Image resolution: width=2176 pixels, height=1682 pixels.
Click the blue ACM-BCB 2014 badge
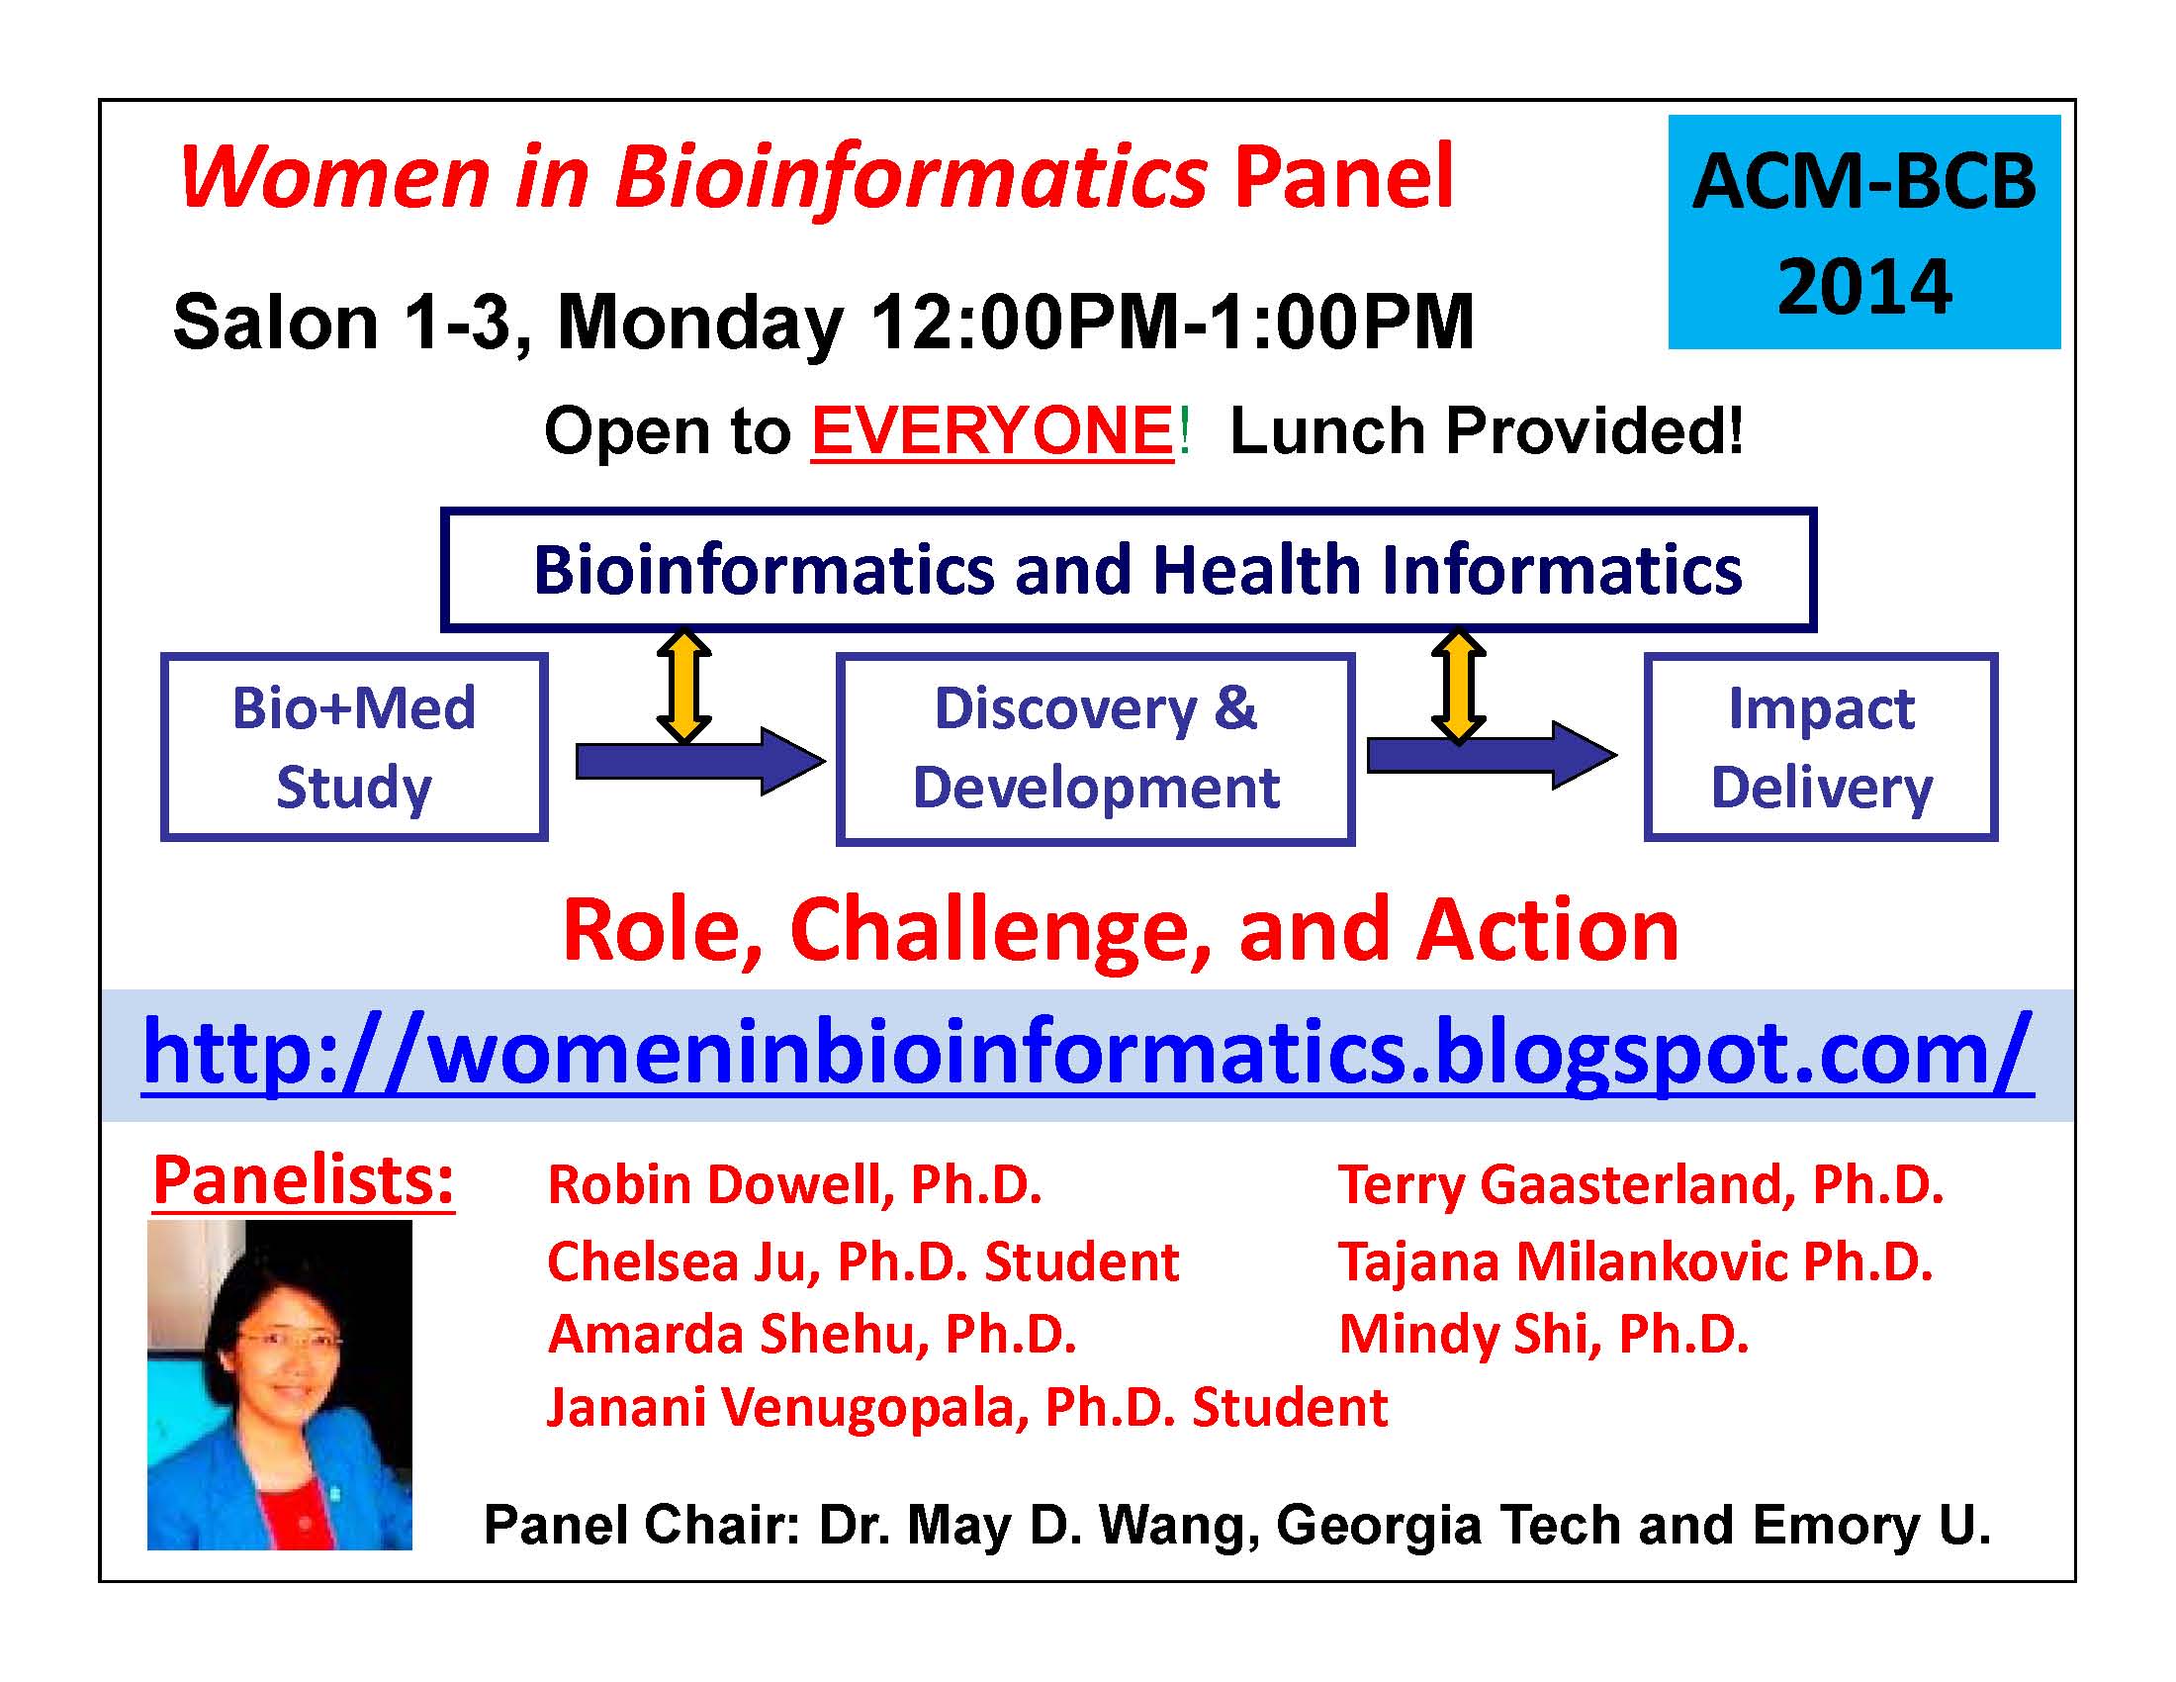click(x=1864, y=232)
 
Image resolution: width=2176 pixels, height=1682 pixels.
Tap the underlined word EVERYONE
click(x=993, y=431)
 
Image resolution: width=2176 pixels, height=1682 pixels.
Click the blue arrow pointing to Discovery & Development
click(x=700, y=761)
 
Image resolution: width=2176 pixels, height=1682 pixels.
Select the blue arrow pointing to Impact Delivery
click(x=1492, y=755)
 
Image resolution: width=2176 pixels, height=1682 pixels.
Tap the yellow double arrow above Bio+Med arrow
click(x=683, y=687)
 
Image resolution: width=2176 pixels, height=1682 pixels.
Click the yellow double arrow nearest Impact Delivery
click(x=1458, y=687)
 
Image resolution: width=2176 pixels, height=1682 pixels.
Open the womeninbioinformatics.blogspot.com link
click(x=1087, y=1054)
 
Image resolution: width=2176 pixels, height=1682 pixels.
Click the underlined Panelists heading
click(x=303, y=1180)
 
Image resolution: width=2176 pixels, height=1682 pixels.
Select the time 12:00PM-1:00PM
click(x=1172, y=322)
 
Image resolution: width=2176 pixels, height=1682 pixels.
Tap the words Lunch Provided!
click(x=1487, y=431)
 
